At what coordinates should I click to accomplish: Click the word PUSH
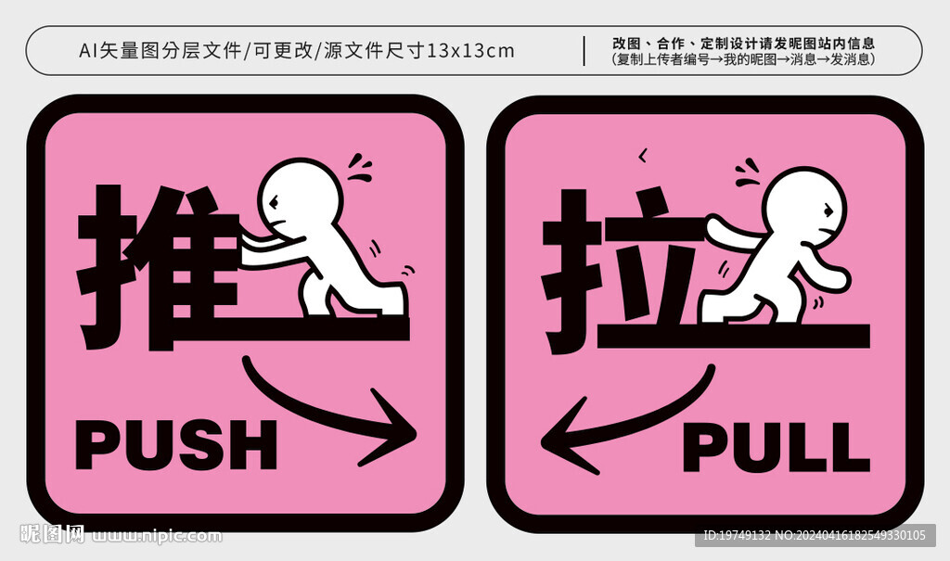(176, 444)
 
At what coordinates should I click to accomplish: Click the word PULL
(776, 447)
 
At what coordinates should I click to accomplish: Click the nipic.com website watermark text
(158, 535)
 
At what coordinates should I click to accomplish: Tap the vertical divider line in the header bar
(584, 50)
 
